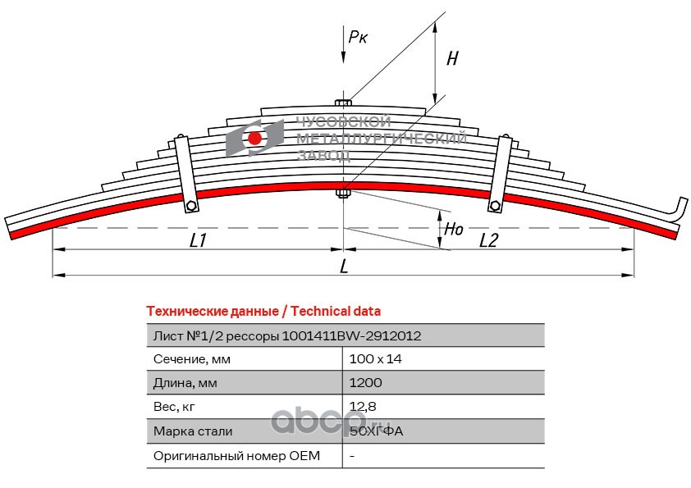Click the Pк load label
click(358, 37)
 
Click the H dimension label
click(452, 58)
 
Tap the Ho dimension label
click(453, 229)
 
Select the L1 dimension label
click(197, 241)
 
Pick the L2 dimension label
click(488, 241)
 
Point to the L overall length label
click(344, 267)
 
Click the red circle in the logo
click(254, 137)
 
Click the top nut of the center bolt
click(344, 103)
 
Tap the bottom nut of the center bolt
click(344, 194)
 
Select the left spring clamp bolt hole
click(190, 206)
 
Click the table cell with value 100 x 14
click(376, 359)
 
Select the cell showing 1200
click(365, 383)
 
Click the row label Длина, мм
click(186, 383)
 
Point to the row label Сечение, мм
click(192, 359)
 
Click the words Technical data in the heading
click(336, 312)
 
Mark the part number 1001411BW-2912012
click(352, 335)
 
